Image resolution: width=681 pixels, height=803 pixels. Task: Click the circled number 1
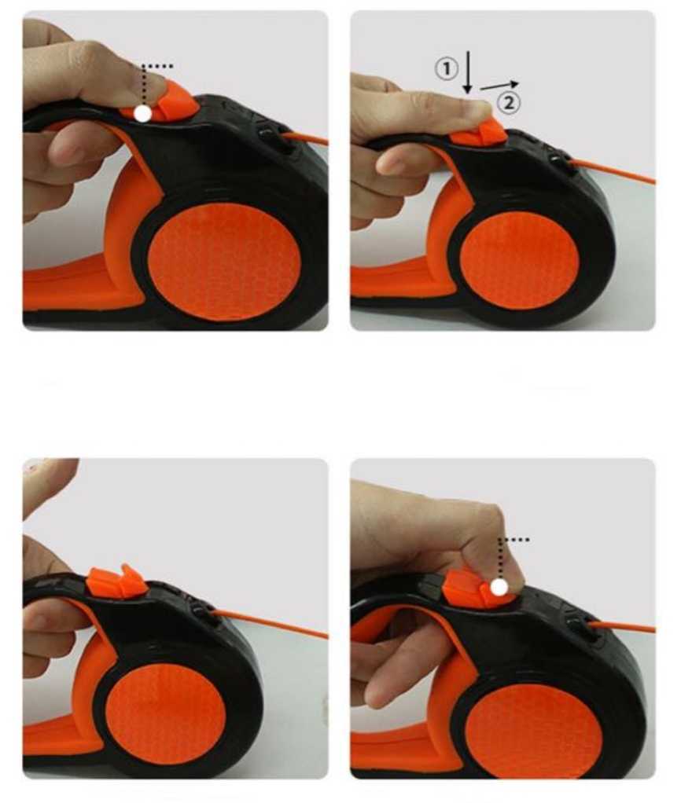(446, 68)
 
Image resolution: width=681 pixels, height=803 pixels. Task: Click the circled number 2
(508, 102)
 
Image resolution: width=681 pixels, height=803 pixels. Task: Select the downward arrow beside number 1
(467, 72)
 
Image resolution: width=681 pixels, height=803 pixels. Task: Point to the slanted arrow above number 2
(499, 86)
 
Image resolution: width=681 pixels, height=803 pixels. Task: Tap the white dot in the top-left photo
(143, 113)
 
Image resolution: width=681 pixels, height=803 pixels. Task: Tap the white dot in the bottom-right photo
(499, 587)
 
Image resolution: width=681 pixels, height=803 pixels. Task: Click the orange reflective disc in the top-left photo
(226, 262)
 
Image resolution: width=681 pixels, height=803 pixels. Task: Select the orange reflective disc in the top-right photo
(520, 261)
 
